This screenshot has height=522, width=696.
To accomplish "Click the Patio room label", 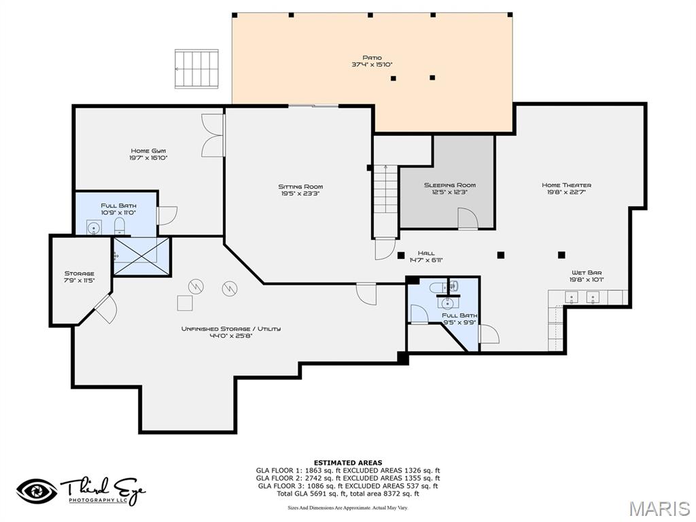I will click(x=372, y=61).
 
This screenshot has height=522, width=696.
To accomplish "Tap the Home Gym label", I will click(x=148, y=154).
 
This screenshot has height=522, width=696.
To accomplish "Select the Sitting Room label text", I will click(x=300, y=190).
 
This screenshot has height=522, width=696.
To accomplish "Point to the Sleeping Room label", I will click(x=450, y=188).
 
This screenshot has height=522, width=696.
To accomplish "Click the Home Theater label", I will click(x=566, y=188).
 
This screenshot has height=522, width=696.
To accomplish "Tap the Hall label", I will click(x=426, y=256).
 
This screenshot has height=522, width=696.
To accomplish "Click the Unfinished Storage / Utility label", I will click(x=230, y=332).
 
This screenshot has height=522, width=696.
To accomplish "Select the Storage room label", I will click(x=79, y=277).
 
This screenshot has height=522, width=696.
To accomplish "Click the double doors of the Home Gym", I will click(x=213, y=135).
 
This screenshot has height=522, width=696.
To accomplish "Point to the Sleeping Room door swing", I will click(x=467, y=219).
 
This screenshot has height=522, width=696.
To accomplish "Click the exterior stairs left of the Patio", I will click(x=197, y=69).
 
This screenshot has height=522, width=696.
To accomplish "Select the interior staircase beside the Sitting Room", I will click(x=386, y=200).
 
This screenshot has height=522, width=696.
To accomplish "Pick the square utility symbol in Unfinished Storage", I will click(x=185, y=302).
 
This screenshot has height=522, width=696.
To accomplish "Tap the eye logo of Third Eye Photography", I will click(x=37, y=490).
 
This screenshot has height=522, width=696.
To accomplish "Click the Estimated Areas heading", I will click(x=347, y=463).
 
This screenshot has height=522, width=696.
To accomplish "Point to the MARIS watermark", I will click(x=659, y=508).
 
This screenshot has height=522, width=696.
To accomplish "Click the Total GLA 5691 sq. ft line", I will click(x=347, y=493).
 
